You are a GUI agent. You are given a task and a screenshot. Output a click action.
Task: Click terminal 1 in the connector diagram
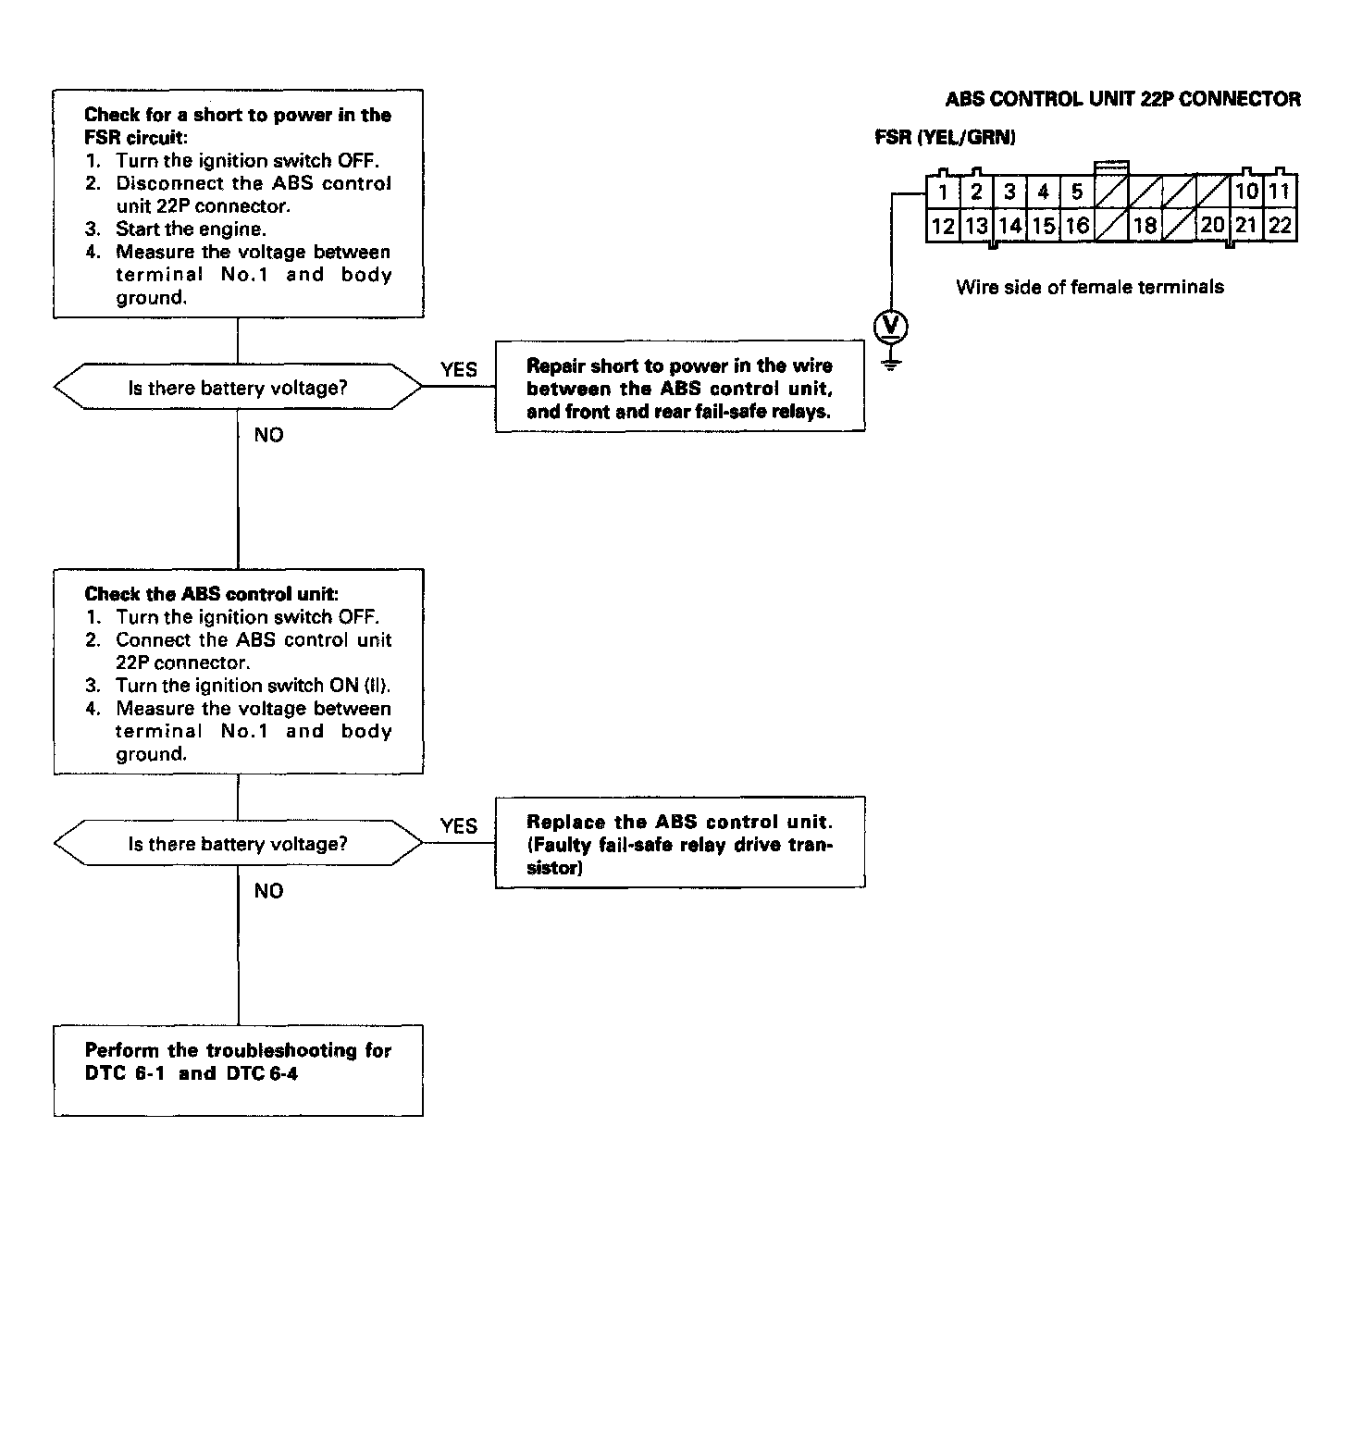943,192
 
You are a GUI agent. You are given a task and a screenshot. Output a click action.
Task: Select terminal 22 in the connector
1281,225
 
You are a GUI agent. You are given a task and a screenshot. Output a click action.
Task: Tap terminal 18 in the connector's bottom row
1145,225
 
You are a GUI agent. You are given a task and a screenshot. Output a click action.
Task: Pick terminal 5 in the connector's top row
1077,192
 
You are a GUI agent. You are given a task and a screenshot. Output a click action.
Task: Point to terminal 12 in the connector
943,225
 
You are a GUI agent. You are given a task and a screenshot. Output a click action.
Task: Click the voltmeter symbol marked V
891,325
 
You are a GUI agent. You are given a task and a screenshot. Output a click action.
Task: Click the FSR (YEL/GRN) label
945,138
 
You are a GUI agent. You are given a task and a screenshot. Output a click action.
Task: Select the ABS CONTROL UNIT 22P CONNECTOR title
1122,99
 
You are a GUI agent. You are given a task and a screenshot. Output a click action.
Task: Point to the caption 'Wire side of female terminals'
1089,287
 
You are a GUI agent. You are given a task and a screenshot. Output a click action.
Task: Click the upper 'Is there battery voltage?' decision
238,388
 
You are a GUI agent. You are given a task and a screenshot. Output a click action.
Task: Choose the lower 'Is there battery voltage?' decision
238,844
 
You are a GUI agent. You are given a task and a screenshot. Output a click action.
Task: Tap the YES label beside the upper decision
459,370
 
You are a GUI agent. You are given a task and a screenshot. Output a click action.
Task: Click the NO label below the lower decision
268,891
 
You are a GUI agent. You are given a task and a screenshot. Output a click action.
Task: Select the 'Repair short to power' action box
680,389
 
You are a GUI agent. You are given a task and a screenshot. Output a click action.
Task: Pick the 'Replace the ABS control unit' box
680,844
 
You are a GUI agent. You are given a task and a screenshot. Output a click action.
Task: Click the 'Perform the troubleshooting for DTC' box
238,1070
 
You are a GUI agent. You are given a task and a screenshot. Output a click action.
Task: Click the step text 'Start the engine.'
191,229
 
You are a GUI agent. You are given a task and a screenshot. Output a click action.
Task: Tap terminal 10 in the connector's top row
1246,192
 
